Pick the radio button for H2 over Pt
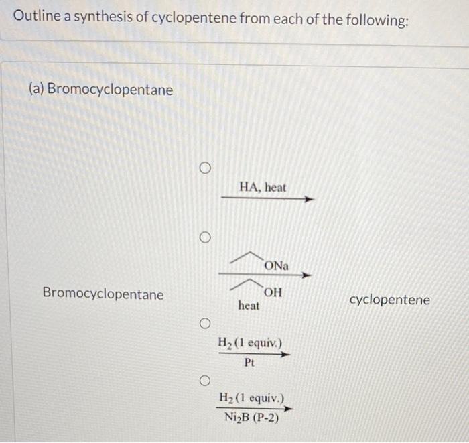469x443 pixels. pyautogui.click(x=205, y=324)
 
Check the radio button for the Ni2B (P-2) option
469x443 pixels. pyautogui.click(x=205, y=381)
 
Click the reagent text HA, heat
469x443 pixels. pyautogui.click(x=262, y=188)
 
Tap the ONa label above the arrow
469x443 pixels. pyautogui.click(x=276, y=266)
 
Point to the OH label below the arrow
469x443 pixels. pyautogui.click(x=273, y=292)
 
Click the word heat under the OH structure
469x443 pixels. pyautogui.click(x=249, y=306)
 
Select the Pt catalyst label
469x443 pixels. pyautogui.click(x=250, y=363)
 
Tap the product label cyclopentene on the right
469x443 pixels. pyautogui.click(x=389, y=300)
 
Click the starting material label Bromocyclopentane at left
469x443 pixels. pyautogui.click(x=103, y=294)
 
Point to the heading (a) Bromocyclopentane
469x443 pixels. pyautogui.click(x=100, y=89)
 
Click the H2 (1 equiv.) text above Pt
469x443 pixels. pyautogui.click(x=251, y=344)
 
